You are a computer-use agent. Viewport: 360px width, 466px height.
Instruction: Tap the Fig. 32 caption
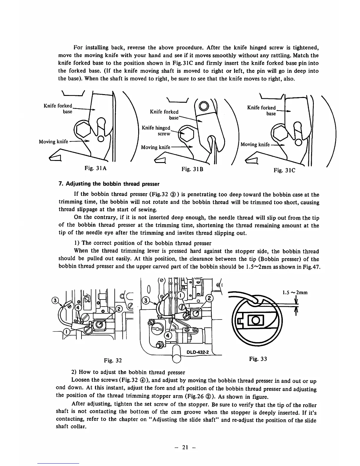[113, 360]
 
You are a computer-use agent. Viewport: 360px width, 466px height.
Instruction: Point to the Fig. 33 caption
[258, 359]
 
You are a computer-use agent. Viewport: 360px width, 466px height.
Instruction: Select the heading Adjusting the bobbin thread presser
[109, 184]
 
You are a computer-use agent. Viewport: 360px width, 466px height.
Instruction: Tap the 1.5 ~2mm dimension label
[295, 292]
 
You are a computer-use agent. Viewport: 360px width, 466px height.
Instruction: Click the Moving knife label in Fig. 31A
[54, 142]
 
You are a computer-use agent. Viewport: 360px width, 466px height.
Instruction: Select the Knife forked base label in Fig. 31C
[261, 111]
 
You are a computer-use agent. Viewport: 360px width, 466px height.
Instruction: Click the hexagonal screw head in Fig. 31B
[187, 134]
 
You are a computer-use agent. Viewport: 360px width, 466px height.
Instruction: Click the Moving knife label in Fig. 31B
[156, 147]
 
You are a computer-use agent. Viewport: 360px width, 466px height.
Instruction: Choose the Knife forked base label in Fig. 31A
[58, 108]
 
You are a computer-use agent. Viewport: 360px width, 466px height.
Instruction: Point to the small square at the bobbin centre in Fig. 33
[255, 319]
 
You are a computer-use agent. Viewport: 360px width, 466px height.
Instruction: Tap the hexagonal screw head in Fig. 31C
[281, 132]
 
